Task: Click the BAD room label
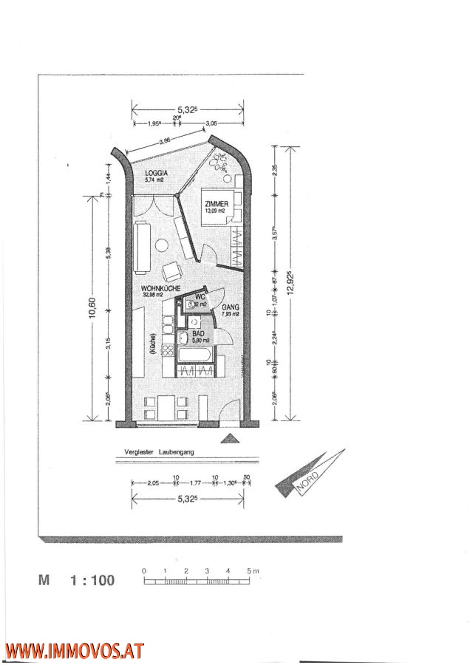[199, 333]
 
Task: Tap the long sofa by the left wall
[142, 241]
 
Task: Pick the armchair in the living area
[172, 270]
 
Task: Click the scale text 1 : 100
[92, 581]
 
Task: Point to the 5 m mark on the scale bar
[251, 571]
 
